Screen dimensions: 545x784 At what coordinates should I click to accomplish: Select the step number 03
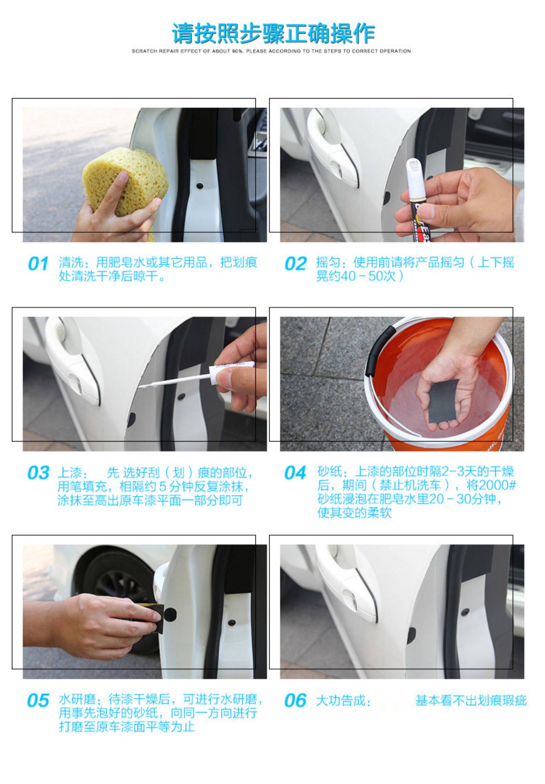click(x=38, y=473)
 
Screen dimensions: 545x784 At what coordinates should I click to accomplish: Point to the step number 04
click(x=295, y=473)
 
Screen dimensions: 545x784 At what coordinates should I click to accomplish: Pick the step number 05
click(x=38, y=700)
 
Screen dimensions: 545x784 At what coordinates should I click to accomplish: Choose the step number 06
click(x=295, y=700)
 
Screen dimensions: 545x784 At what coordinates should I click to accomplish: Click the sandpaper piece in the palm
click(x=443, y=401)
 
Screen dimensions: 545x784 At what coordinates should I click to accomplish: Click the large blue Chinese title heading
click(x=273, y=33)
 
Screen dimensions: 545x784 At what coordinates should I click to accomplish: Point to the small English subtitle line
click(x=271, y=51)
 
